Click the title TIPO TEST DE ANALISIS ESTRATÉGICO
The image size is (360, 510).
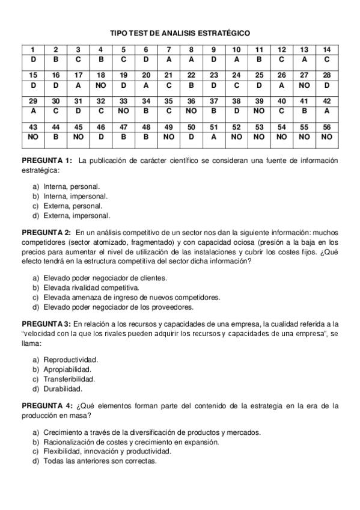coord(180,34)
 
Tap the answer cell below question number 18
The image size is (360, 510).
coord(101,85)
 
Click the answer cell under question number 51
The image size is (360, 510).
coord(214,137)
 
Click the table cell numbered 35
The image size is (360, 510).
coord(169,101)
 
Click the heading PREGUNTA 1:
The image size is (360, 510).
coord(47,161)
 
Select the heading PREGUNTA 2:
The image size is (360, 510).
coord(47,232)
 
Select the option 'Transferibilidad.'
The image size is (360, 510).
coord(71,379)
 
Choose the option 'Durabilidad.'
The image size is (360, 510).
coord(64,389)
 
